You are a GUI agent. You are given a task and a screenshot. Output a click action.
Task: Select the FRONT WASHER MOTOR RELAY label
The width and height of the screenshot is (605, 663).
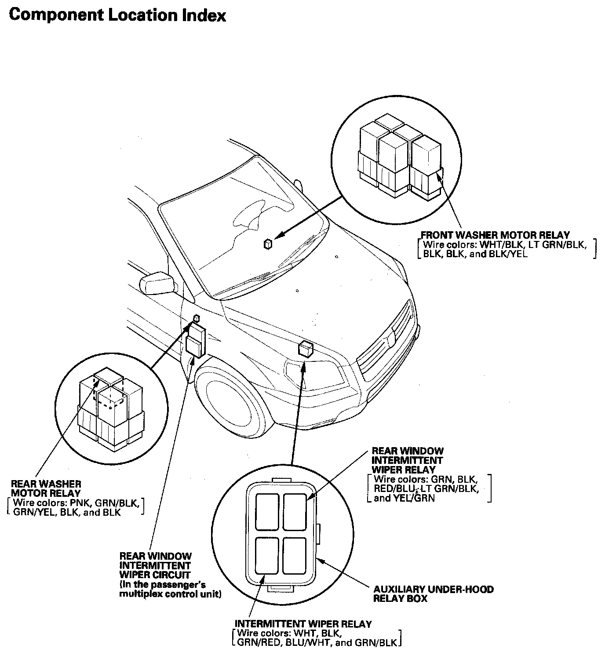(x=495, y=235)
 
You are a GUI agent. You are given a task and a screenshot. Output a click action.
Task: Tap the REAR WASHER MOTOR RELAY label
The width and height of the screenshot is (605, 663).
(x=46, y=488)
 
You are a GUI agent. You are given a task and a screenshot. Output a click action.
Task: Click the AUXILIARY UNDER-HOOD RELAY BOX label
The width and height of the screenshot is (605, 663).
(x=433, y=594)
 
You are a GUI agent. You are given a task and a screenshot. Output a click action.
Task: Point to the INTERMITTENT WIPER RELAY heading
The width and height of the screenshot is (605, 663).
(x=303, y=623)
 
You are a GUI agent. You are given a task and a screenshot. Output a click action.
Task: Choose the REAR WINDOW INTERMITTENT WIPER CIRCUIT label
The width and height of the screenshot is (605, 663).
(x=156, y=565)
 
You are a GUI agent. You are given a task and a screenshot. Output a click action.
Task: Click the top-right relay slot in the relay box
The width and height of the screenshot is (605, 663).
(x=294, y=511)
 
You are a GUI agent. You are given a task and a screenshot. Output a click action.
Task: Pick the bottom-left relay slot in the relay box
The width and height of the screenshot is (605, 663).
(x=267, y=556)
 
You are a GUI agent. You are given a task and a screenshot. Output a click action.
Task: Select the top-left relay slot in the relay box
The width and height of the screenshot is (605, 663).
(x=267, y=511)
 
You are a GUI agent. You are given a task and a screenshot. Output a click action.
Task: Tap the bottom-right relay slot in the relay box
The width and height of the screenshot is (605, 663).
(x=294, y=556)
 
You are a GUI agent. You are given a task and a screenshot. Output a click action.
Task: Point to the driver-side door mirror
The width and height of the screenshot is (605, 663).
(x=155, y=283)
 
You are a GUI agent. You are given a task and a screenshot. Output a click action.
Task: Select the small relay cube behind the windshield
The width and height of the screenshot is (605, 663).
(x=268, y=244)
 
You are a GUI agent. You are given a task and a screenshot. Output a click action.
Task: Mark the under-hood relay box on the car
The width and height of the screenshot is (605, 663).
(x=306, y=349)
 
